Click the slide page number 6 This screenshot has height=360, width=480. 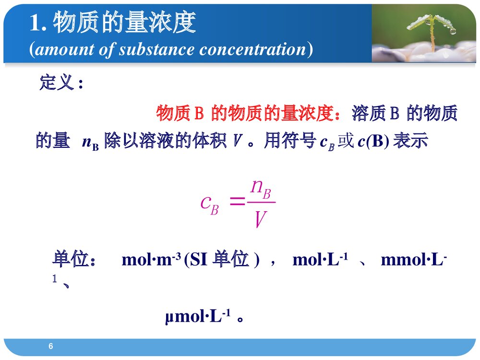pos(51,347)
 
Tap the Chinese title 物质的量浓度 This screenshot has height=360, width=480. pos(124,22)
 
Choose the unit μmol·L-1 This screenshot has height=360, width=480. pos(198,317)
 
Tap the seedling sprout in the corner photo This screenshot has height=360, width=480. pos(431,29)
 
